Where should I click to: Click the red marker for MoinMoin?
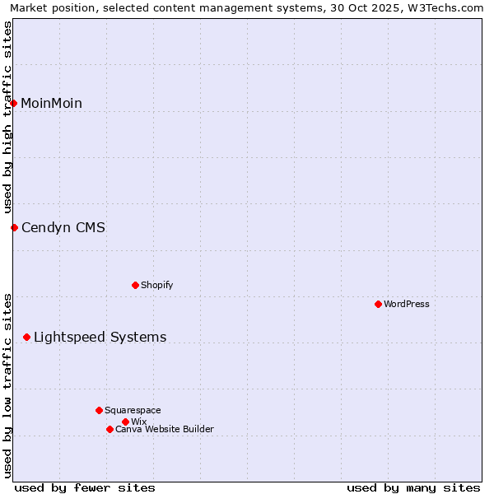point(14,103)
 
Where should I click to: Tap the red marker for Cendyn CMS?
point(14,227)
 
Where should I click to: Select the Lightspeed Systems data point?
point(27,337)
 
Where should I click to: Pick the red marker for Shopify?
point(135,285)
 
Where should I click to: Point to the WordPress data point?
point(378,304)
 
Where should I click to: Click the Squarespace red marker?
point(99,410)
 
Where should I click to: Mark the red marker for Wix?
point(125,422)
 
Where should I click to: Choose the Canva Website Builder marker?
point(110,429)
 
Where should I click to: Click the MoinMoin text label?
point(51,103)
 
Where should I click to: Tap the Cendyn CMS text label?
point(63,227)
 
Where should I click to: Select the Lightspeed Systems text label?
point(100,337)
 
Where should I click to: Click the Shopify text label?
point(156,285)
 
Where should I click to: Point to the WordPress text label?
point(407,304)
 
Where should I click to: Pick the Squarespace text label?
point(133,410)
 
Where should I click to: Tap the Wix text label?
point(138,422)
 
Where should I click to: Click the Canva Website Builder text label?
point(165,429)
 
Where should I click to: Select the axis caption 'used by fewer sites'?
point(85,487)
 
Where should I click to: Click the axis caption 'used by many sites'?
point(413,487)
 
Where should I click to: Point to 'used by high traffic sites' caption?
point(7,117)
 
